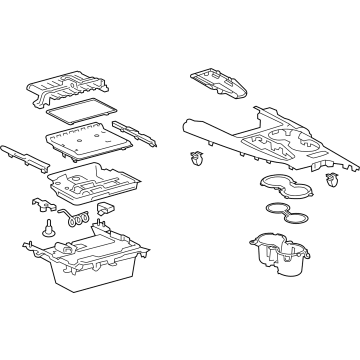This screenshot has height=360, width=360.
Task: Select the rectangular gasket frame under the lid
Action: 81,112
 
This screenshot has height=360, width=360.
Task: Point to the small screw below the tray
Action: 48,229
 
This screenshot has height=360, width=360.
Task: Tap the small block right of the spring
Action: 104,211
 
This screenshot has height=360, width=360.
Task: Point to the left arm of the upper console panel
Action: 205,130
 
